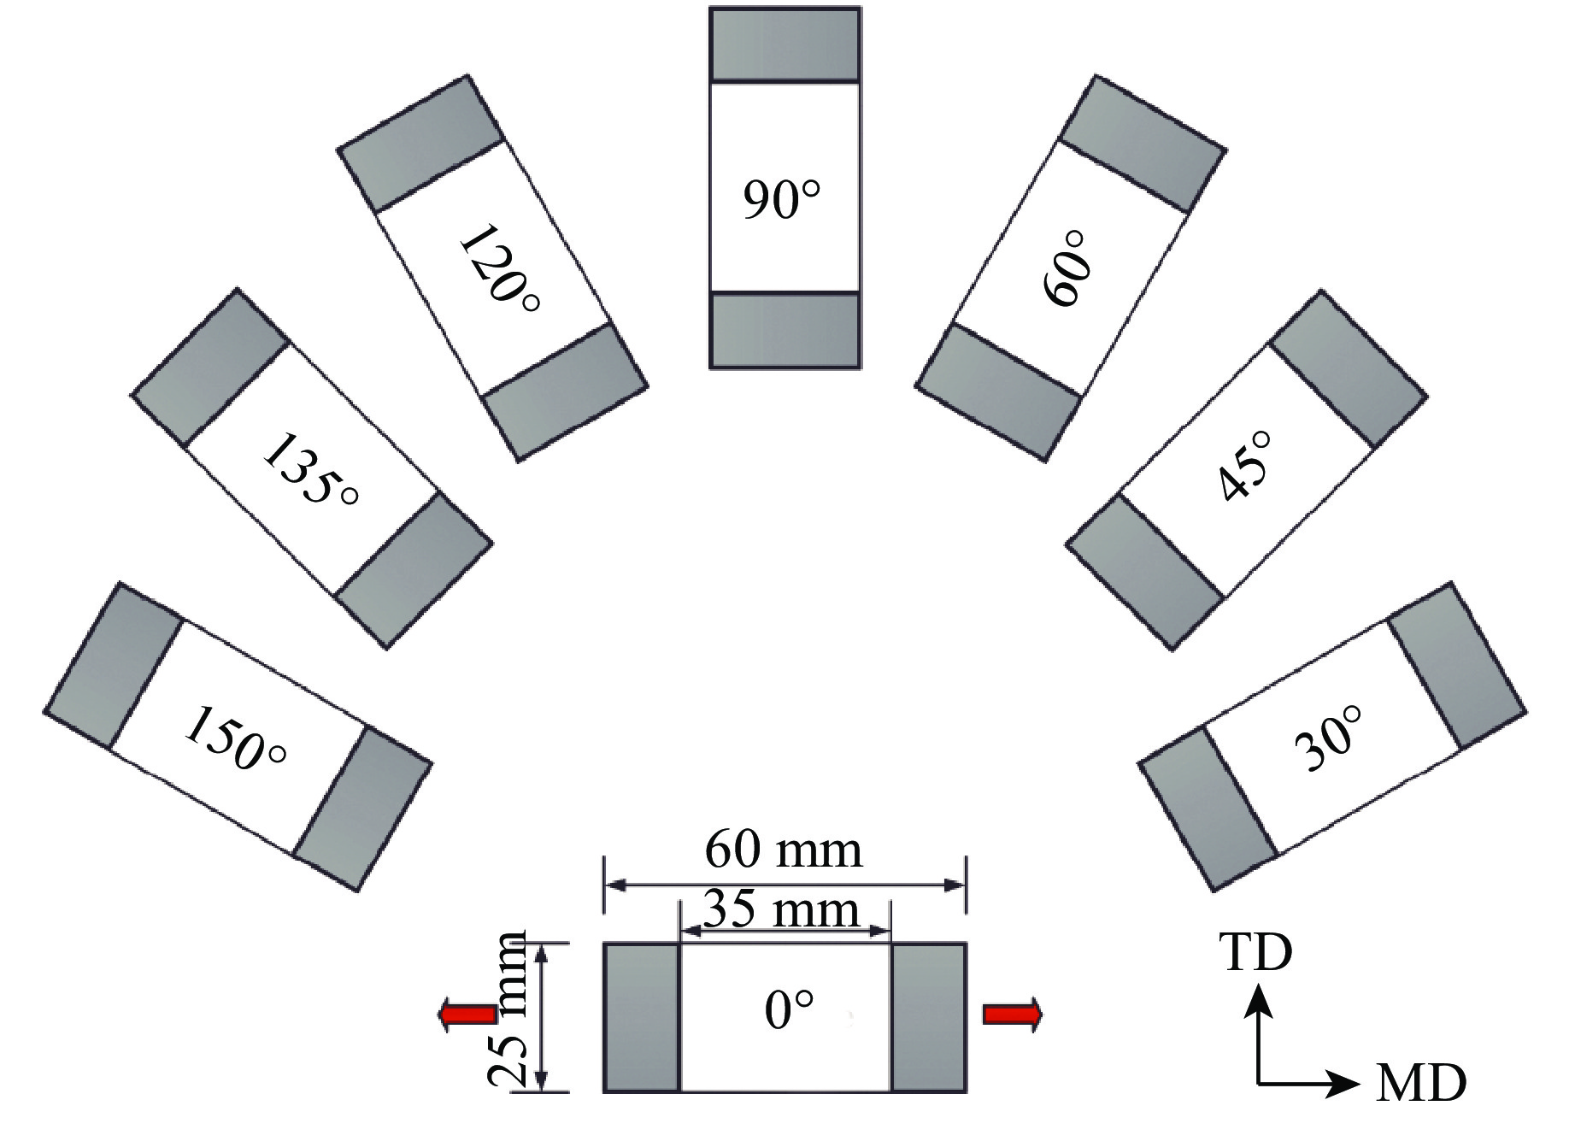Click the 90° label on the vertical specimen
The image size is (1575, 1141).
781,200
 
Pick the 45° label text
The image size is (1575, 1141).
1244,467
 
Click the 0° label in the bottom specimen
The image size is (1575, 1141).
788,1010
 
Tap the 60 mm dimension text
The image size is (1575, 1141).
784,850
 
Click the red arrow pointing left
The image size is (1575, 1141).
467,1015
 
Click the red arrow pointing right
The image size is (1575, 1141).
1013,1015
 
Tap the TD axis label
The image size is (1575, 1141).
1255,952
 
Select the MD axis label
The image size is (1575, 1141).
1421,1084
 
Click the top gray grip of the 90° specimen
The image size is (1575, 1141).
785,45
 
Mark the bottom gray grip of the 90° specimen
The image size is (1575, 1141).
785,330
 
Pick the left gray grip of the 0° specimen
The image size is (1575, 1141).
641,1017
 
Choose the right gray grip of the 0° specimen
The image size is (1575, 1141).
928,1017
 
